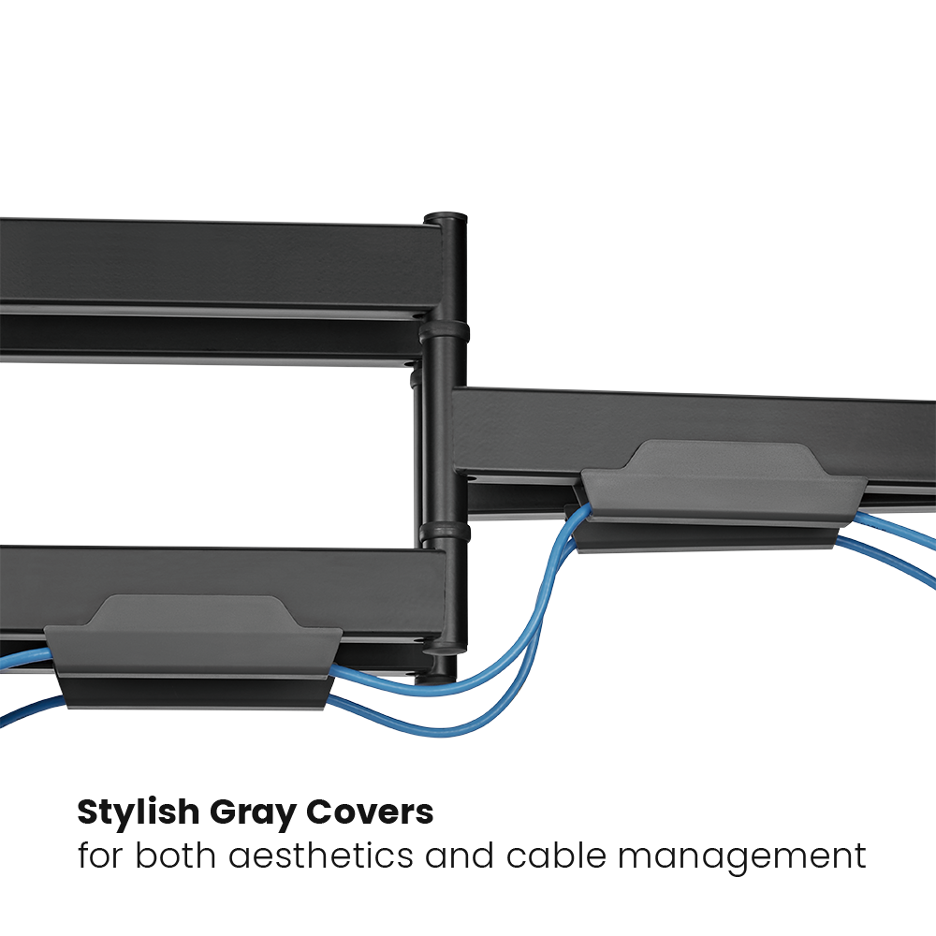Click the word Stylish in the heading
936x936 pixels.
139,813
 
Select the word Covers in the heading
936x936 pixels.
370,812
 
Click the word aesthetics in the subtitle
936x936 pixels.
321,856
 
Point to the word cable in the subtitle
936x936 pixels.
556,856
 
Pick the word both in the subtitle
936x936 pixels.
176,856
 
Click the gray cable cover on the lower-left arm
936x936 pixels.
194,651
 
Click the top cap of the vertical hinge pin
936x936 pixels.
446,218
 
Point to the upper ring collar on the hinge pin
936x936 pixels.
444,332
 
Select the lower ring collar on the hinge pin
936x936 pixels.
445,532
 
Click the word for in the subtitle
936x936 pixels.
101,856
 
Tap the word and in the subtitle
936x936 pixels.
460,856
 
